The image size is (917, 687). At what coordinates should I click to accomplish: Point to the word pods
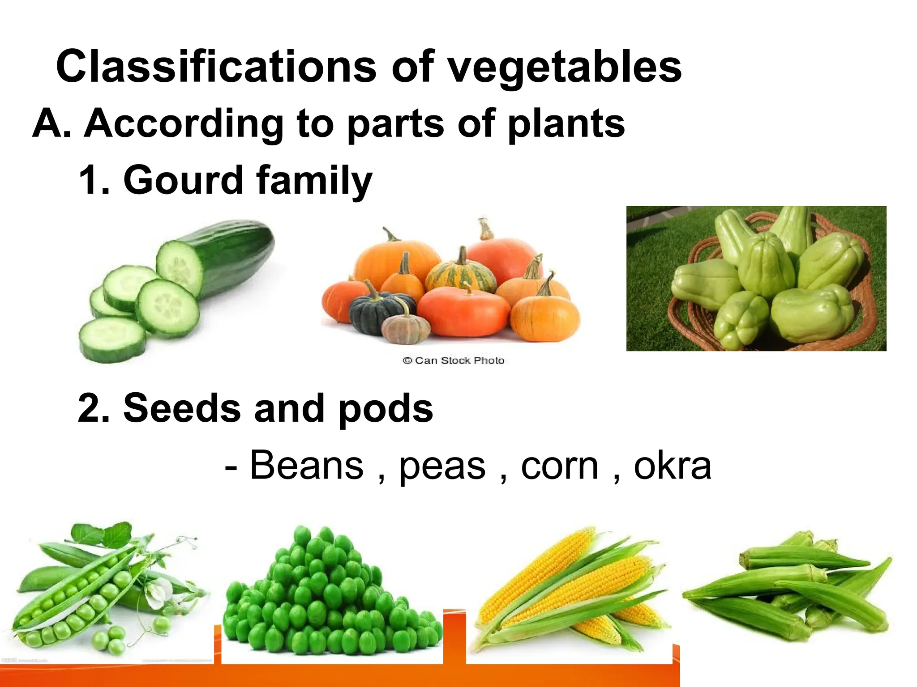tap(386, 408)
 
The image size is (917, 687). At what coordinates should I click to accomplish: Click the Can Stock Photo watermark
tap(453, 360)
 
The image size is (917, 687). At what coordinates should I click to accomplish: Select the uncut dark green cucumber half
tap(237, 255)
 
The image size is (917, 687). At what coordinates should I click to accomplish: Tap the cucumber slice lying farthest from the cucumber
tap(112, 340)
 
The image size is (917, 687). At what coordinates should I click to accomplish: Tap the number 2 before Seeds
tap(93, 408)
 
